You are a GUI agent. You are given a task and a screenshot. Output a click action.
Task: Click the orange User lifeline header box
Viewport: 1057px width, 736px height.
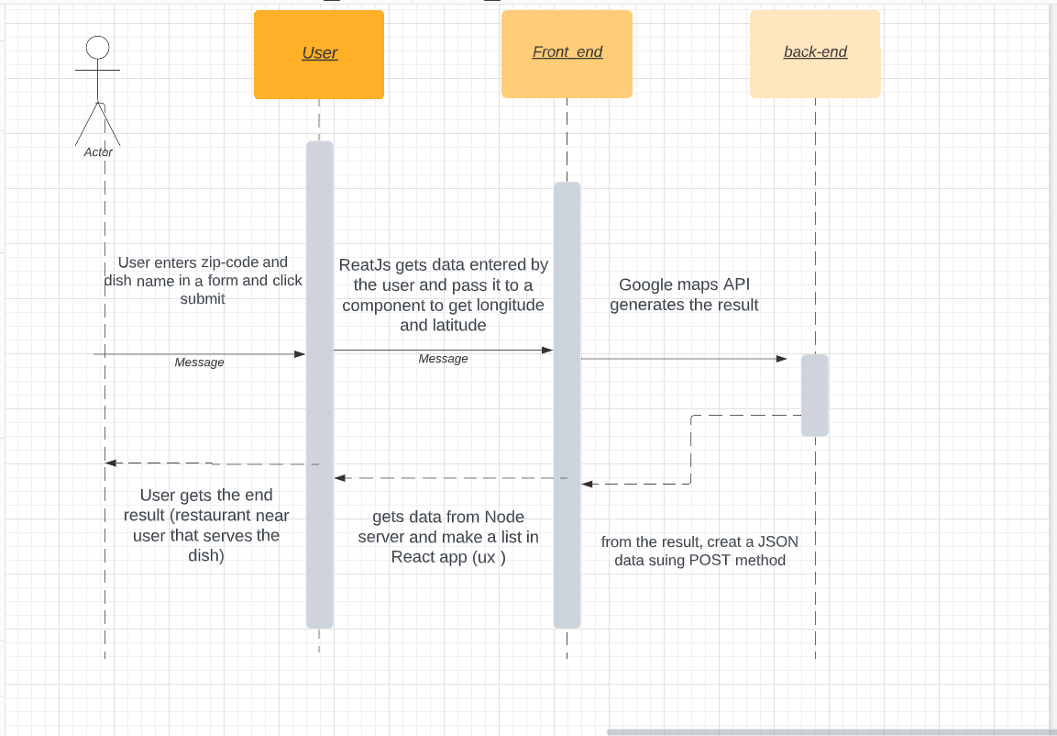click(x=319, y=54)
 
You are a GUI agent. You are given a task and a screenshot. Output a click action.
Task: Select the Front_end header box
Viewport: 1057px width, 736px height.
click(x=567, y=53)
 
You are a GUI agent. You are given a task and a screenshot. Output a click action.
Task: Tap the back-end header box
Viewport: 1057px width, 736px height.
click(x=815, y=53)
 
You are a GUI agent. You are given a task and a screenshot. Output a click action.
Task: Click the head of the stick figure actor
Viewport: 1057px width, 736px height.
click(x=97, y=48)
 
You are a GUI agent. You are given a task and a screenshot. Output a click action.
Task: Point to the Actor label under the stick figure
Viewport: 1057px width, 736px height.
click(x=98, y=152)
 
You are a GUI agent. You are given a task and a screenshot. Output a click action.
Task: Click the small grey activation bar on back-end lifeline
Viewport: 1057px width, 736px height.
click(x=814, y=395)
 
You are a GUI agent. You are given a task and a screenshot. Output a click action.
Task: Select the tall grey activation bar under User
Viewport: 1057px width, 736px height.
click(x=319, y=385)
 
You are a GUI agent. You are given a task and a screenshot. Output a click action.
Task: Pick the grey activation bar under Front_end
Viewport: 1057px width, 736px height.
click(x=567, y=404)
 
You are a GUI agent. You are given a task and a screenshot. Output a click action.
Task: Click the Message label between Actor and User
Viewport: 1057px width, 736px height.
click(x=199, y=362)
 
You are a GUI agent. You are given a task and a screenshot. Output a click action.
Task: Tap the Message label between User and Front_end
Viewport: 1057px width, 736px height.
click(x=443, y=359)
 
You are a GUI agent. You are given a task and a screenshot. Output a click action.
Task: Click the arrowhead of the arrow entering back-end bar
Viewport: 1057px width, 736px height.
click(x=782, y=359)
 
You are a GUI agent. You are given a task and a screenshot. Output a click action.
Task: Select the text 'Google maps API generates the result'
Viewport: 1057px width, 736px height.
click(x=684, y=295)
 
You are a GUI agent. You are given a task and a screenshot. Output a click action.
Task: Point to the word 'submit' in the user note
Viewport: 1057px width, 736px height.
click(x=203, y=299)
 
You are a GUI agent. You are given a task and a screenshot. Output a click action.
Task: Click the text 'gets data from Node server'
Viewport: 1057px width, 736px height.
click(x=448, y=527)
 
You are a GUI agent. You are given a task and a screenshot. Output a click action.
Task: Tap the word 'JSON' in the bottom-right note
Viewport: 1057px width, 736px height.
click(x=777, y=541)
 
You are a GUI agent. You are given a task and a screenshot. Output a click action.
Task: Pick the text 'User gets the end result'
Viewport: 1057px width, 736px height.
click(x=206, y=505)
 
